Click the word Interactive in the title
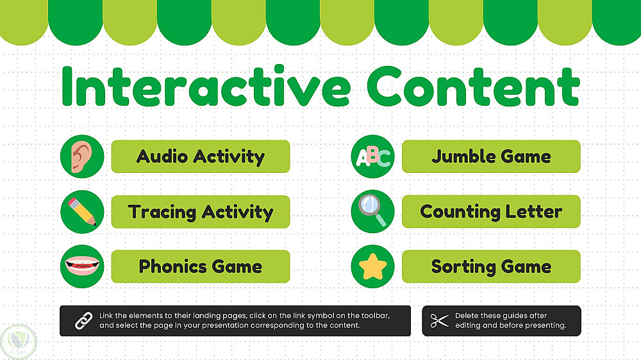coord(206,86)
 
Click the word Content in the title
coord(474,86)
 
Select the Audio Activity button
coord(200,156)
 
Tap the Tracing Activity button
coord(200,211)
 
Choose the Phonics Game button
coord(200,266)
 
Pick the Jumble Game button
coord(491,156)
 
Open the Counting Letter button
coord(491,211)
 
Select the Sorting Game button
coord(491,266)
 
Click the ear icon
coord(82,156)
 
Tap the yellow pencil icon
coord(82,211)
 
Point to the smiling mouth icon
coord(82,265)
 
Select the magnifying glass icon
coord(372,210)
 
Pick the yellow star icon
coord(373,266)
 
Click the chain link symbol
coord(84,321)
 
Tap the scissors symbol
coord(440,321)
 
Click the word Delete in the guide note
coord(467,315)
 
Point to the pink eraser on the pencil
coord(74,203)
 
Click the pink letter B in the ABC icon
coord(372,154)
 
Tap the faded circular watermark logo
coord(19,342)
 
